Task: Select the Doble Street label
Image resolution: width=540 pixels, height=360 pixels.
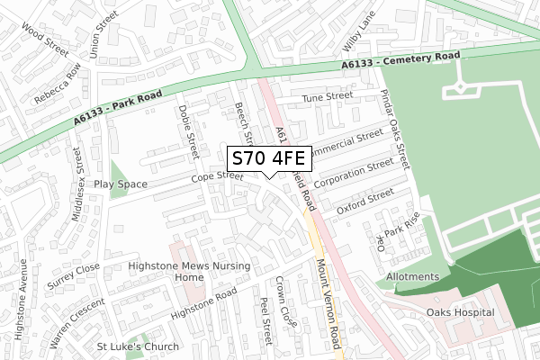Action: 189,126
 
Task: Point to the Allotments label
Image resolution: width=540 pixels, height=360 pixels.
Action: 412,276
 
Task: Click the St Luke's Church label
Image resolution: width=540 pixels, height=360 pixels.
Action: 138,346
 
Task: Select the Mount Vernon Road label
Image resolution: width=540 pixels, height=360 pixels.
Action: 326,299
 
